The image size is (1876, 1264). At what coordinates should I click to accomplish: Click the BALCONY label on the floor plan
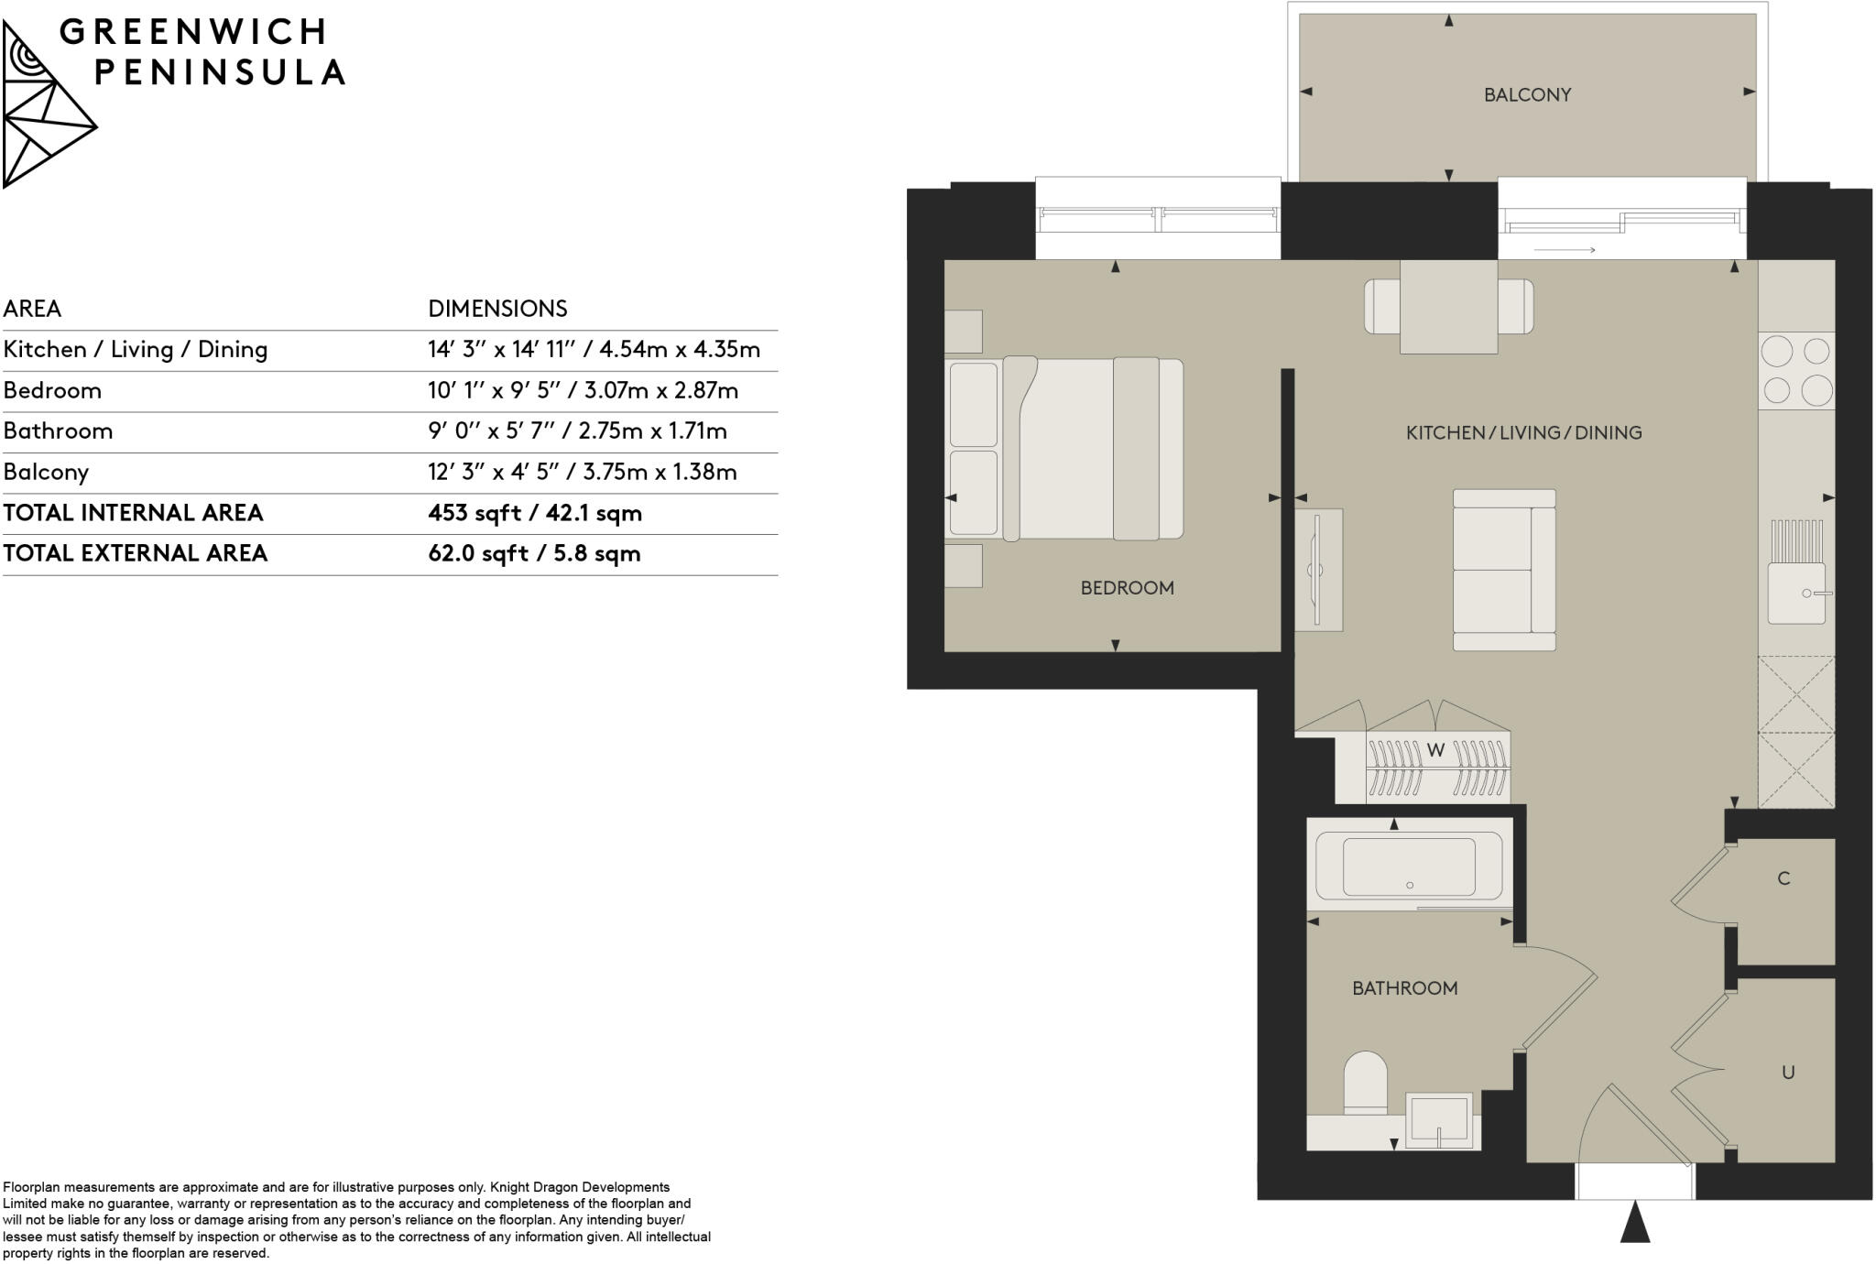click(x=1527, y=94)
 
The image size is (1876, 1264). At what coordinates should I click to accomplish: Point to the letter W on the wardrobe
click(x=1435, y=750)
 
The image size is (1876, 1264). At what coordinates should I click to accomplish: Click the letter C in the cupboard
click(x=1783, y=878)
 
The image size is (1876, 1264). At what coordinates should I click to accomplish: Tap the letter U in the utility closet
click(x=1787, y=1072)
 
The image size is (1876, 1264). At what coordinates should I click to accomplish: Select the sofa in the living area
click(x=1504, y=570)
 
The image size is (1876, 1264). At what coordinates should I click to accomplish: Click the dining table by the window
click(x=1448, y=306)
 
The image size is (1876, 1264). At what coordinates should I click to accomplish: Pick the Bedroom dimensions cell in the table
click(x=583, y=391)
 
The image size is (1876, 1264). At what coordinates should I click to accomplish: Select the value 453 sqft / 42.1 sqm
click(x=535, y=513)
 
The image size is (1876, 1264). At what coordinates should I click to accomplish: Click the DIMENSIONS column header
click(x=497, y=309)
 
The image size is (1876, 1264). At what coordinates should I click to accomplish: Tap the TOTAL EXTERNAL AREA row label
click(x=136, y=553)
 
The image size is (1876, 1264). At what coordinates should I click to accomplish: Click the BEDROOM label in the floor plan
click(x=1127, y=588)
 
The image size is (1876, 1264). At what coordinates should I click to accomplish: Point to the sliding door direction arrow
click(x=1565, y=249)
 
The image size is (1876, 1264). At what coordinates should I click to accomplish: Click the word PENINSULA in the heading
click(x=220, y=72)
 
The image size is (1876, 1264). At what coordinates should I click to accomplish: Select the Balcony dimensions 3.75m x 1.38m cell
click(x=583, y=473)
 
